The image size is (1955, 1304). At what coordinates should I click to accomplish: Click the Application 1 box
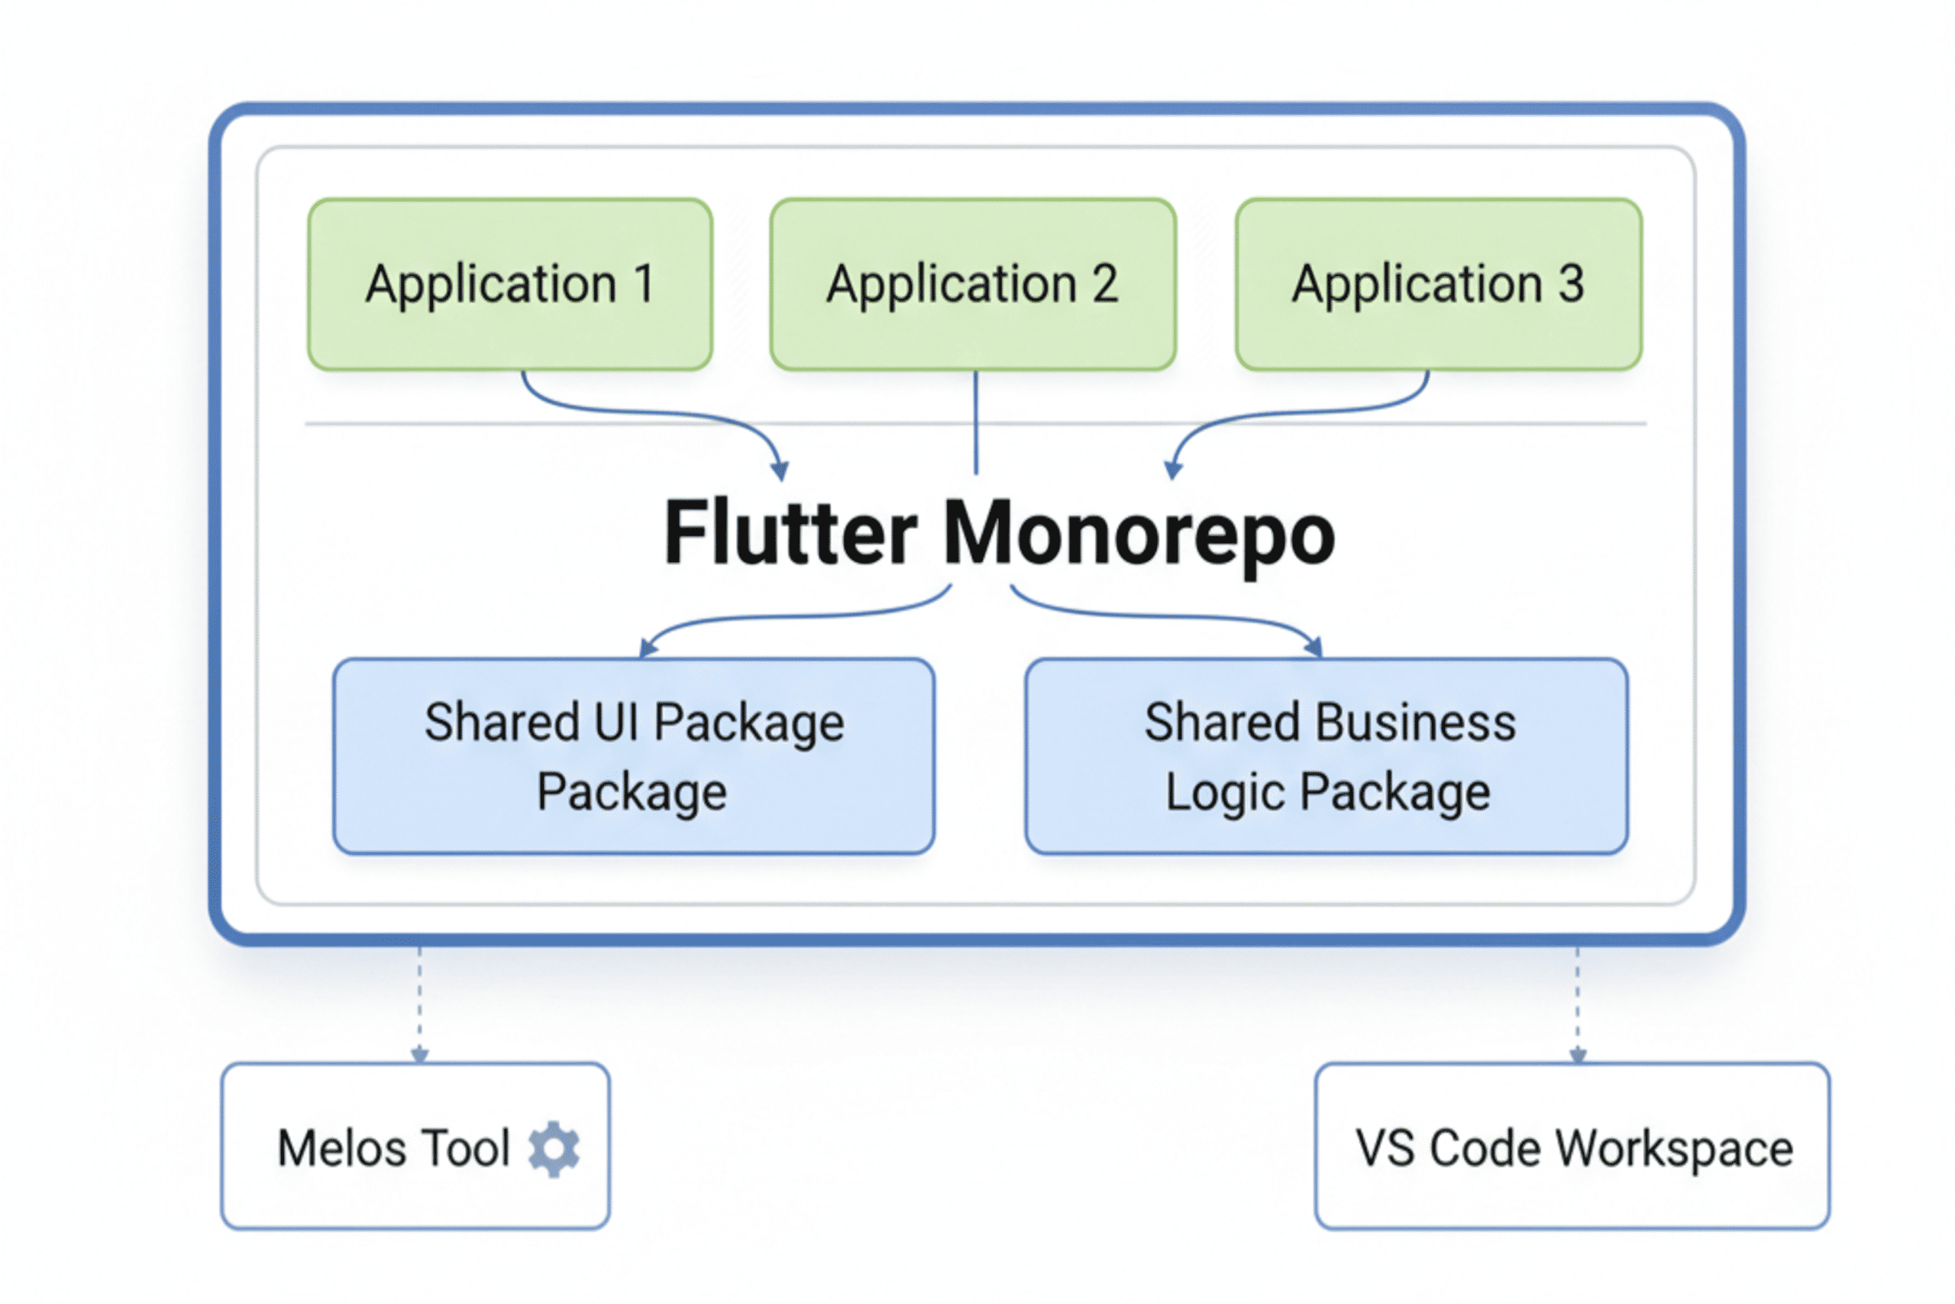tap(509, 284)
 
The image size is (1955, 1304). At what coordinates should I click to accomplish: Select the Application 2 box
tap(972, 284)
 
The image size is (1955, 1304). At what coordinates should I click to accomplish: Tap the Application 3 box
tap(1438, 284)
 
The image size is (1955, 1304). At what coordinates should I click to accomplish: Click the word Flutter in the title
tap(790, 534)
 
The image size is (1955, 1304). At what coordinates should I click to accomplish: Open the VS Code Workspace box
tap(1572, 1146)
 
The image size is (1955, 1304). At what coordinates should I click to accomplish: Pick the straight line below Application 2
tap(976, 424)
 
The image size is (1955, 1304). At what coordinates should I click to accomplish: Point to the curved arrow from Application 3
tap(1297, 413)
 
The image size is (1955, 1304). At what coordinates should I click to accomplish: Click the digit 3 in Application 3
tap(1570, 284)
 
